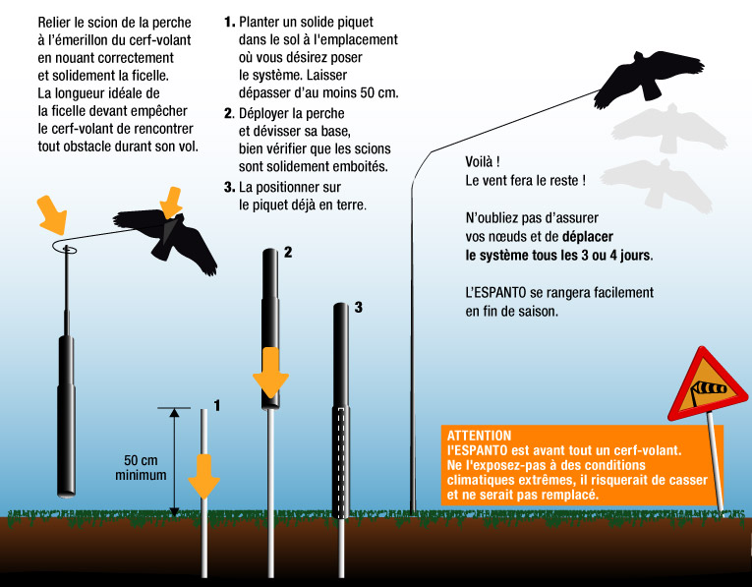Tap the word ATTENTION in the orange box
pyautogui.click(x=479, y=436)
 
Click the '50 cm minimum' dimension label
pyautogui.click(x=141, y=468)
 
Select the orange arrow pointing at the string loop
pyautogui.click(x=52, y=215)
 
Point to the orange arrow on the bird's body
pyautogui.click(x=171, y=203)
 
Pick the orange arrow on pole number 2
pyautogui.click(x=270, y=373)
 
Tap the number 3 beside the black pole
pyautogui.click(x=358, y=308)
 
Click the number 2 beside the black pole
pyautogui.click(x=288, y=252)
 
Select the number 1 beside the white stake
pyautogui.click(x=217, y=406)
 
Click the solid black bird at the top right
pyautogui.click(x=648, y=79)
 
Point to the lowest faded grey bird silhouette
pyautogui.click(x=657, y=185)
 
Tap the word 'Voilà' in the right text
pyautogui.click(x=479, y=161)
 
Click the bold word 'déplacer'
pyautogui.click(x=588, y=237)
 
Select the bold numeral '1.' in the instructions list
pyautogui.click(x=230, y=22)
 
